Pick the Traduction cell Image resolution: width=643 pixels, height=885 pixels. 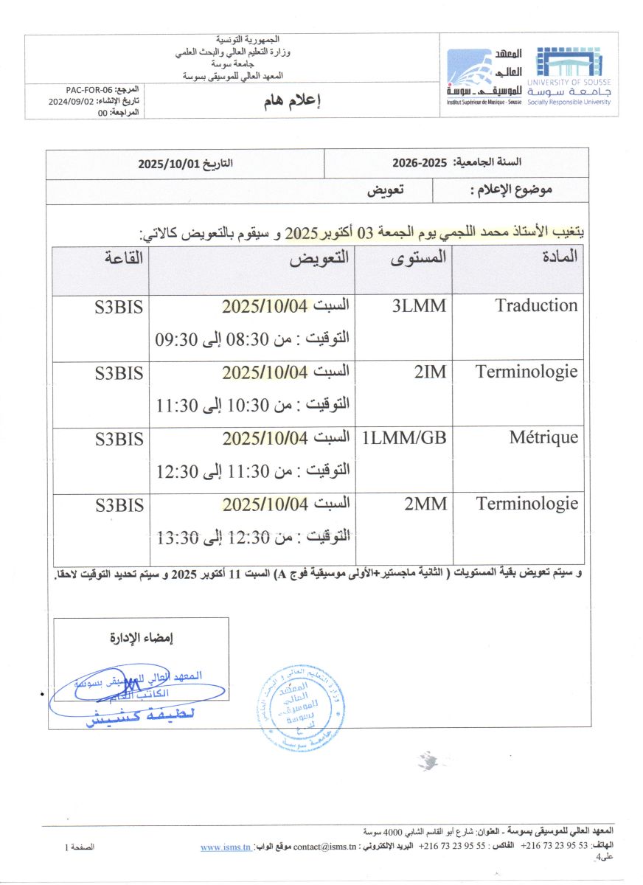tap(537, 305)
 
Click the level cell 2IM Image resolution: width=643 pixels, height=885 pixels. tap(430, 372)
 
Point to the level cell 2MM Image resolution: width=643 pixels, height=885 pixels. tap(425, 504)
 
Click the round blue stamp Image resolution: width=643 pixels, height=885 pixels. tap(300, 704)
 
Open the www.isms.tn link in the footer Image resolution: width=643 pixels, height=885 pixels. tap(225, 847)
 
